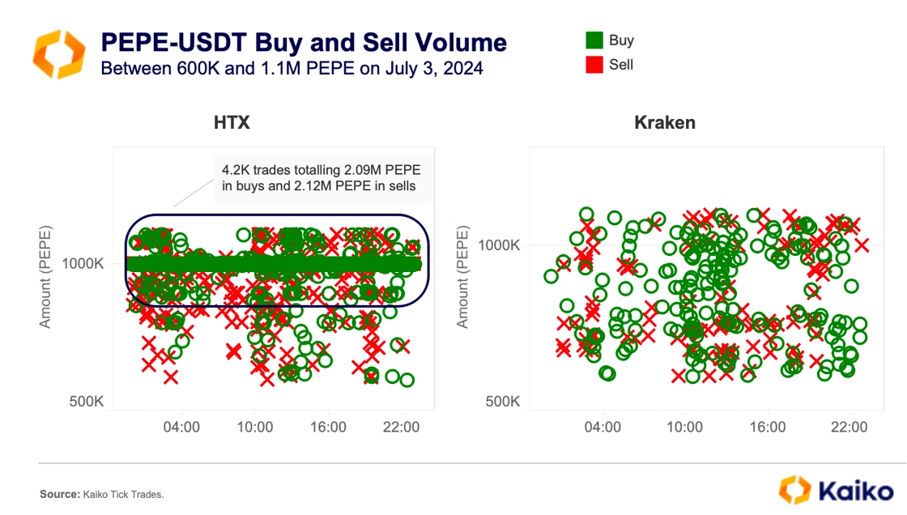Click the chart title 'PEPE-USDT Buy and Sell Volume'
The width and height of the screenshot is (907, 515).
(303, 42)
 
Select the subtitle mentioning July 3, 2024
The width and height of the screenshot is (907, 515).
(292, 69)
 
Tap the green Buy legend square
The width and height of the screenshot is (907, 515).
(594, 40)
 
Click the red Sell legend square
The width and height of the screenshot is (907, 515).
(594, 65)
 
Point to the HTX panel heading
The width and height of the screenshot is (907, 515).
(232, 123)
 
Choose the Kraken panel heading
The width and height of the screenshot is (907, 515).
(665, 123)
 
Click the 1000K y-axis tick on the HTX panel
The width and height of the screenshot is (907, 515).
(82, 264)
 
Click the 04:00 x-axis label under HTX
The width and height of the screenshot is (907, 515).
(182, 426)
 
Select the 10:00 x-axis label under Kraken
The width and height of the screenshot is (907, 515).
(685, 426)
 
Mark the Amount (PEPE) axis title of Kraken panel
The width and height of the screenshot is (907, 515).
(463, 278)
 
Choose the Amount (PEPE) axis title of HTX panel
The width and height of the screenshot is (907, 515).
(46, 278)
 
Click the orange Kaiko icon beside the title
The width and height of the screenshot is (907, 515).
(58, 54)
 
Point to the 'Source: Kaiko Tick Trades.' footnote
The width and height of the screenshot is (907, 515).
(102, 494)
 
